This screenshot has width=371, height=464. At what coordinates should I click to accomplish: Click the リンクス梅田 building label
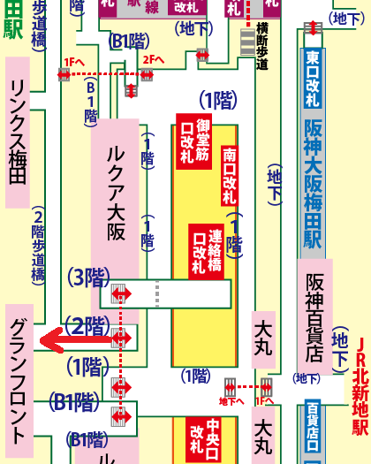(x=20, y=133)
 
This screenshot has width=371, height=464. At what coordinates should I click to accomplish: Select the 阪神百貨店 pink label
(x=314, y=315)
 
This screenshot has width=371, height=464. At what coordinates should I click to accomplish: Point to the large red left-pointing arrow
(x=74, y=338)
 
